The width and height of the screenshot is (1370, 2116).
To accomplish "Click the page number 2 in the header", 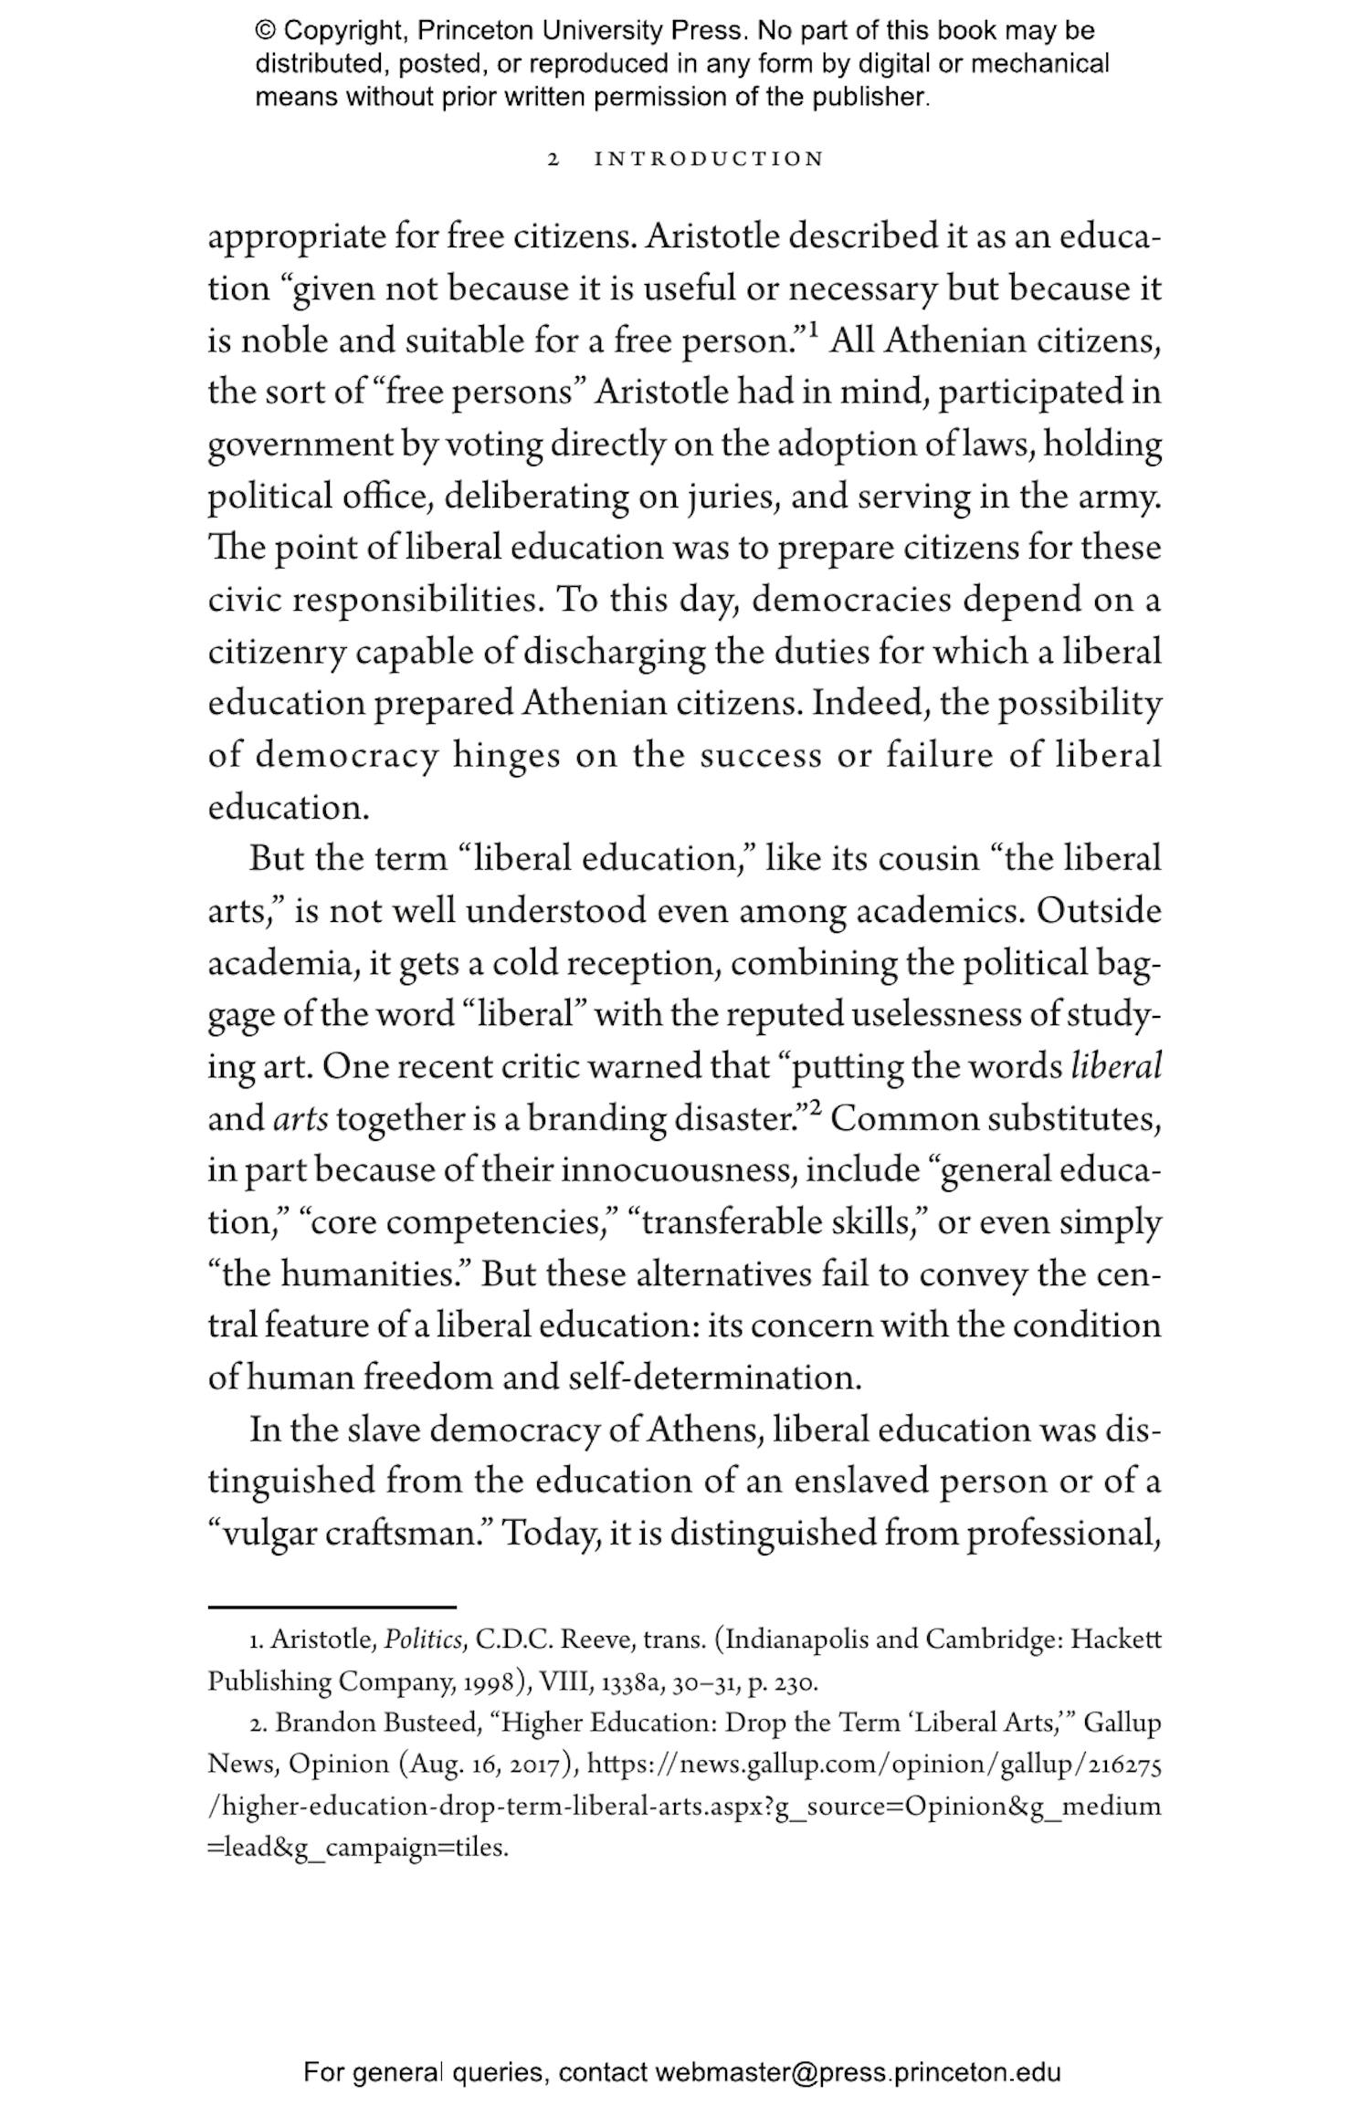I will pyautogui.click(x=553, y=160).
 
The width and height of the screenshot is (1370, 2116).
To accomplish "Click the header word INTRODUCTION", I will pyautogui.click(x=709, y=160).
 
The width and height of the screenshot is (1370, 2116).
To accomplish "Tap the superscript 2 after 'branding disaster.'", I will pyautogui.click(x=815, y=1110).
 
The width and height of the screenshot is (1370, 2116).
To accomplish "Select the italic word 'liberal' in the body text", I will pyautogui.click(x=1115, y=1066).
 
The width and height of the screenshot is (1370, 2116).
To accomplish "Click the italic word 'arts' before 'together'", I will pyautogui.click(x=300, y=1119).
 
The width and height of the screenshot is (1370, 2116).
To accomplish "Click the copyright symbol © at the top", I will pyautogui.click(x=265, y=31).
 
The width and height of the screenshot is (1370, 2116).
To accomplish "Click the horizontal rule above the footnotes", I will pyautogui.click(x=332, y=1607).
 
